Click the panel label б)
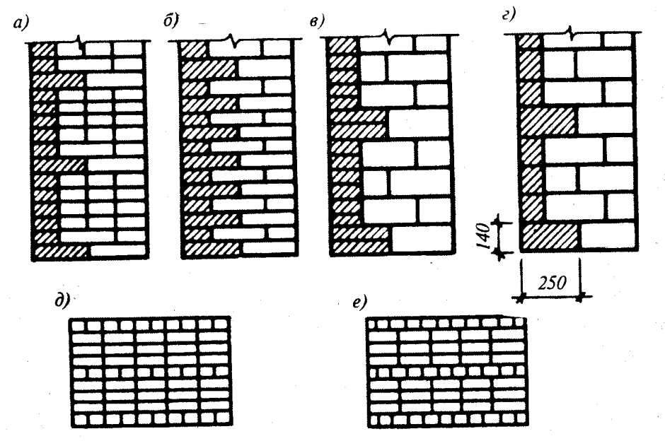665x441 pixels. pos(171,20)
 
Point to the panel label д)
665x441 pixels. pos(62,301)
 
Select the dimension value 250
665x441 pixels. pos(551,283)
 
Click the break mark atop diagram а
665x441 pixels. pos(80,44)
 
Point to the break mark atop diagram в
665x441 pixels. pos(386,37)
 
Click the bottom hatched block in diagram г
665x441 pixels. pos(550,236)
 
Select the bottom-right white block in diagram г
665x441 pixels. pos(608,235)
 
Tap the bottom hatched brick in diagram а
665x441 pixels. pos(61,252)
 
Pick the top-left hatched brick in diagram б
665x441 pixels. pos(193,49)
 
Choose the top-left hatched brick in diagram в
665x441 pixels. pos(342,45)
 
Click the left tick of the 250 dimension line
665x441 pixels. pos(520,298)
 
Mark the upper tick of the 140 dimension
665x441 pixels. pos(498,221)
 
